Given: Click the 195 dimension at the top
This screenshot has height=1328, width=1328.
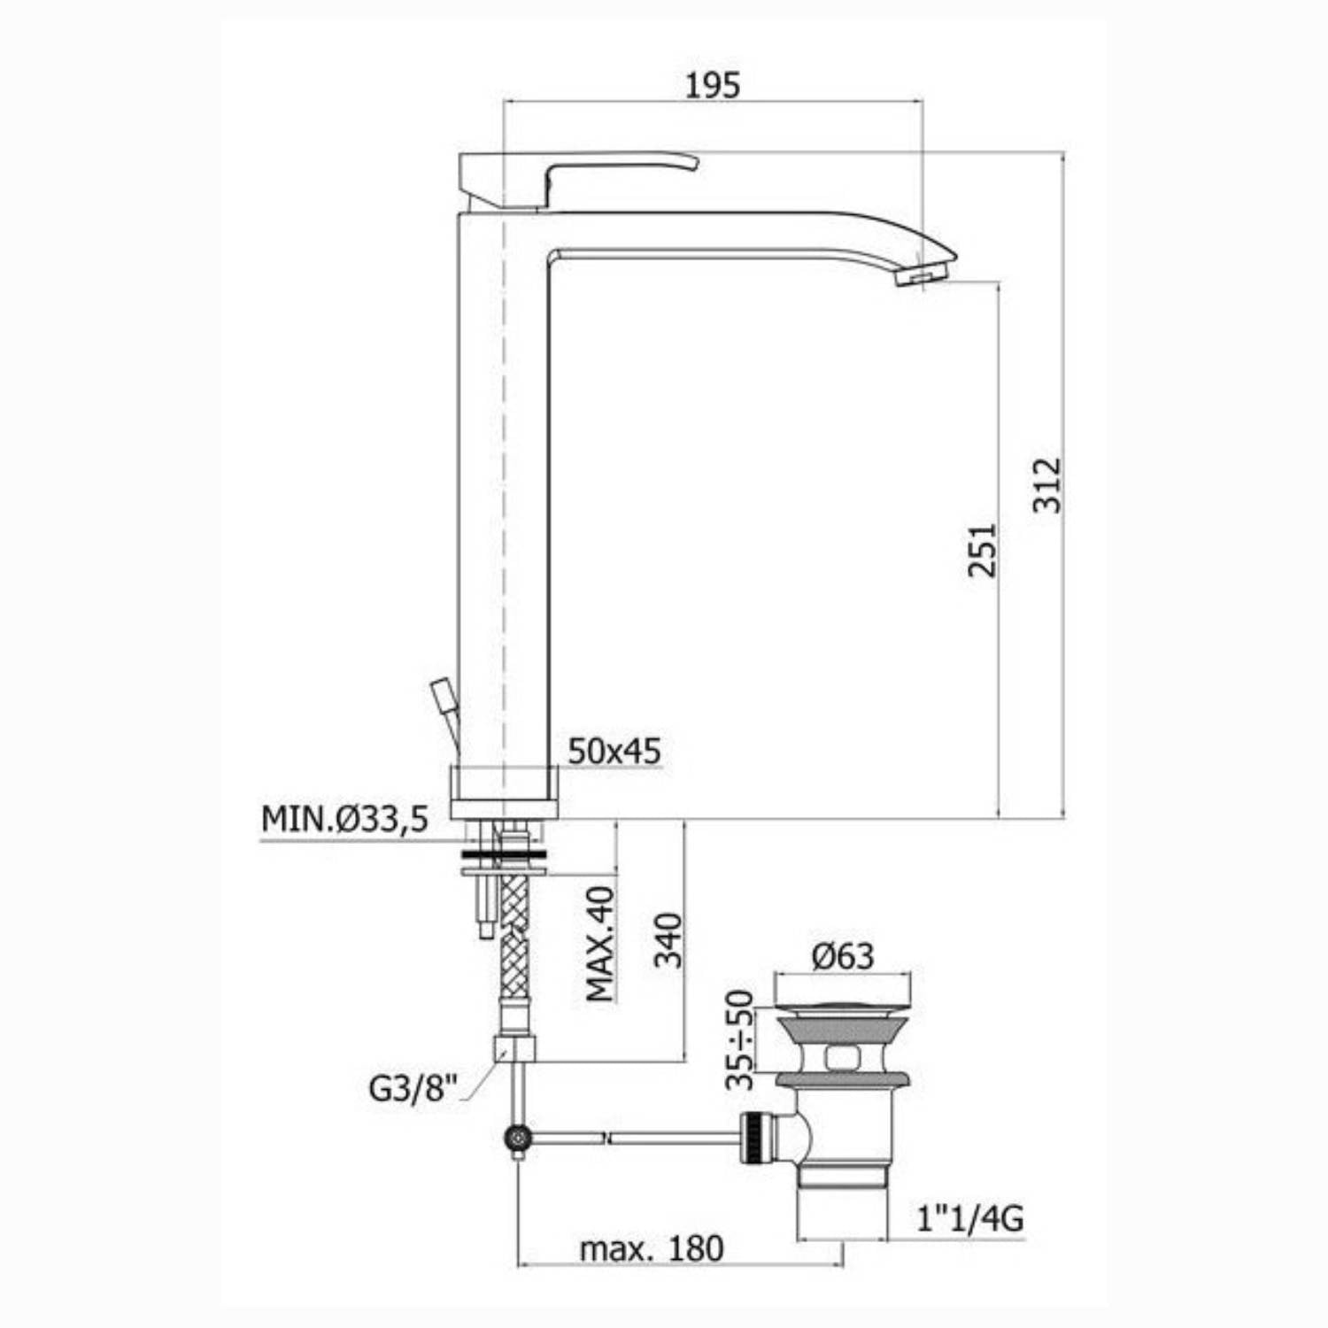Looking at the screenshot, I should point(713,85).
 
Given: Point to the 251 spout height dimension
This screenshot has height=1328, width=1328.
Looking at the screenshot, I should point(982,550).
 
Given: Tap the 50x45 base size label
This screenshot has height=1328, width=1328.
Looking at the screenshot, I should point(614,751).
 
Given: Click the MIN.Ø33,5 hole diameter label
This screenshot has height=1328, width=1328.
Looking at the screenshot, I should point(344,819).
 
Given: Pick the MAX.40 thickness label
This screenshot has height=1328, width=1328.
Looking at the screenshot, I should point(601,943).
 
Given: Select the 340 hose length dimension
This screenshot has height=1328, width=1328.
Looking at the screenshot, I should point(669,940).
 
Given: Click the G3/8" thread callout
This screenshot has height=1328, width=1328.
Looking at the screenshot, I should point(413,1088).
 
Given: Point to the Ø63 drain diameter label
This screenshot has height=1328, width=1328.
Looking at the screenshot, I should point(843,956).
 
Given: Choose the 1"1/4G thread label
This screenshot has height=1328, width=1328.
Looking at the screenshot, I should point(969,1219).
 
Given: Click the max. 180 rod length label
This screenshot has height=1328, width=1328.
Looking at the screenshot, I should point(652,1248).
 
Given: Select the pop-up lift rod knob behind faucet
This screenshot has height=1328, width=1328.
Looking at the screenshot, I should point(440,691).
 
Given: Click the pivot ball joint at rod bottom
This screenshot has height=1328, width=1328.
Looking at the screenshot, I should point(516,1138).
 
